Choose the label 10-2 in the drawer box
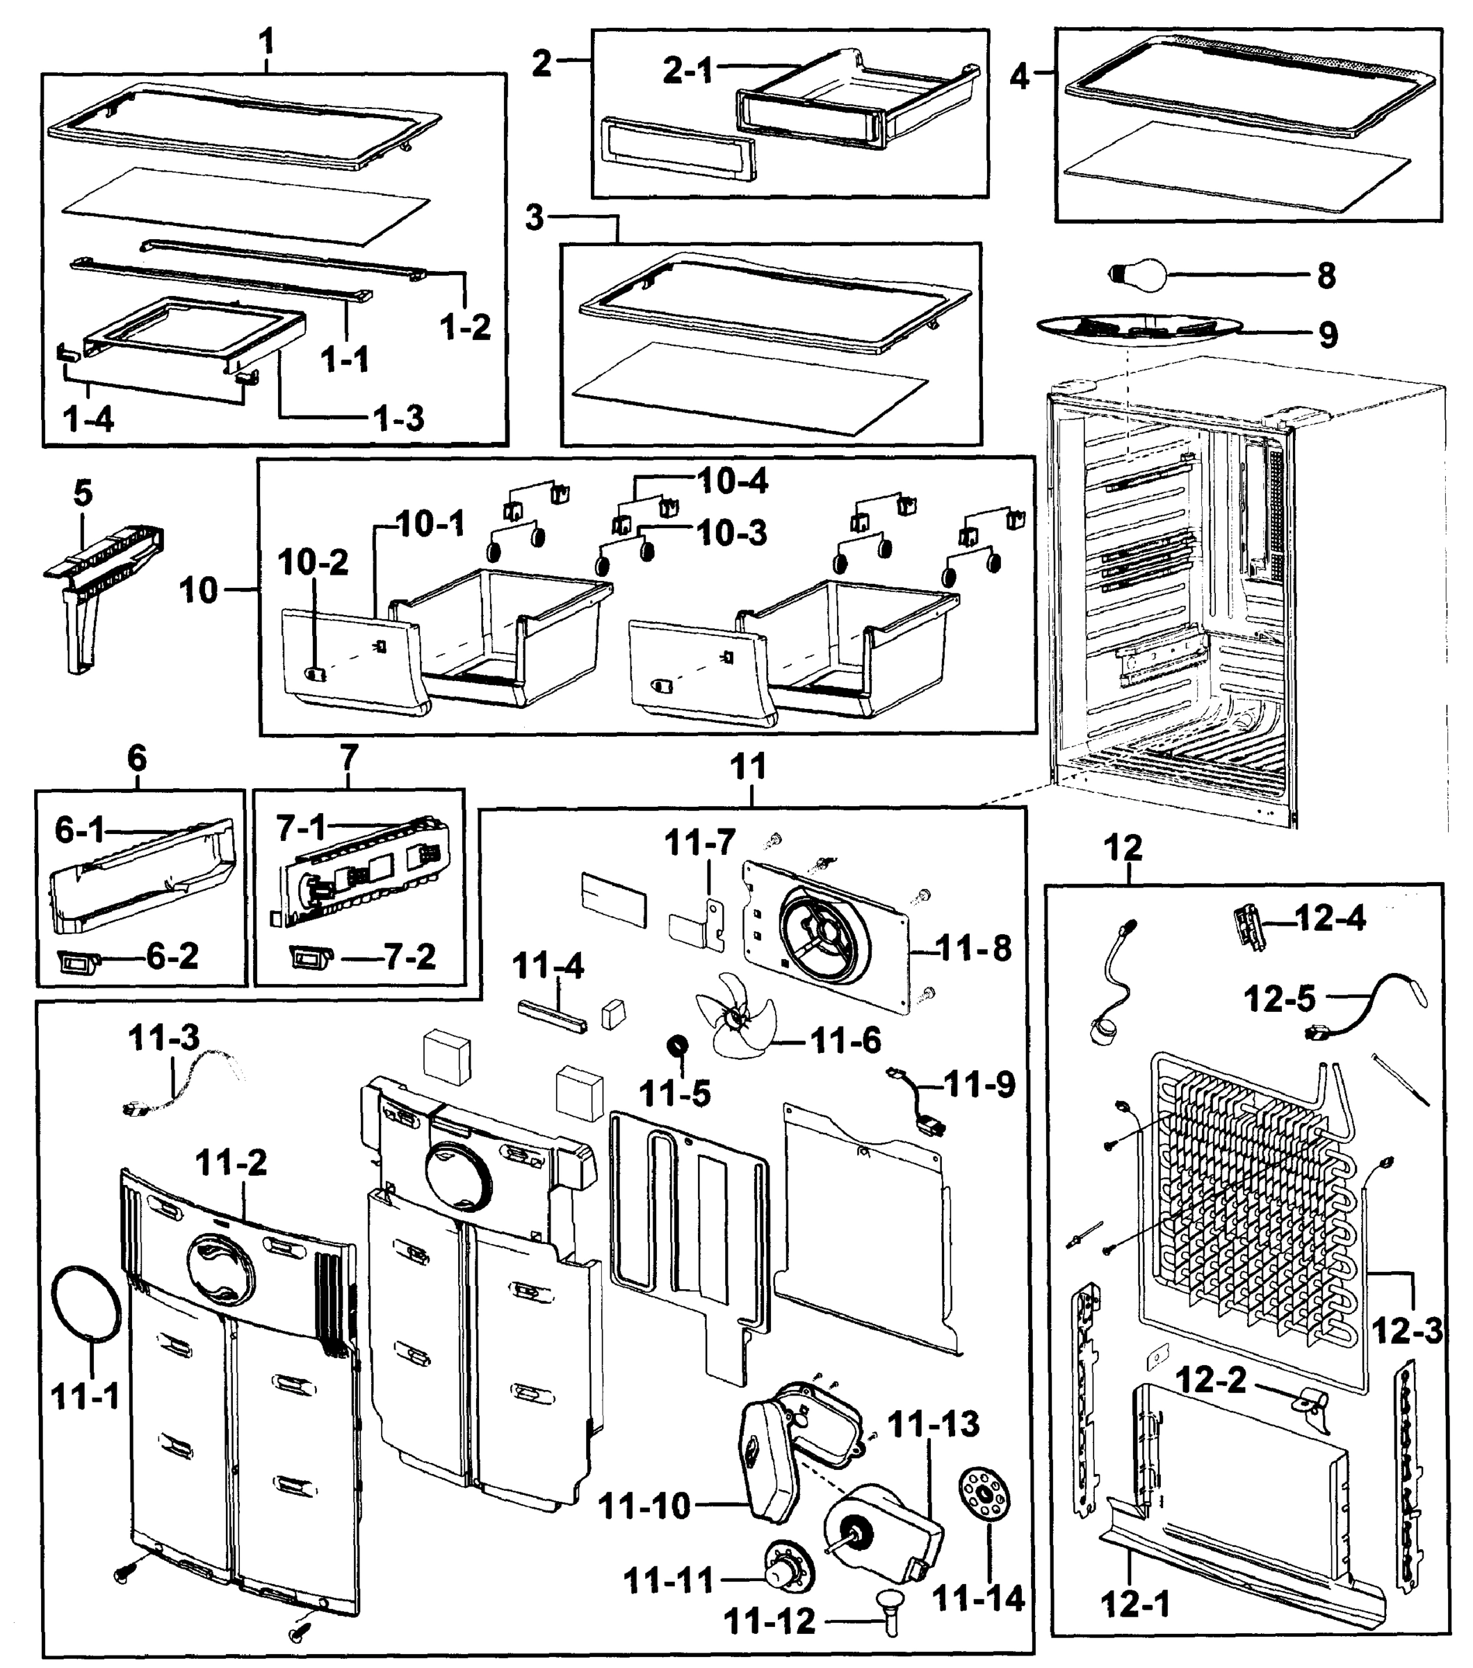coord(313,562)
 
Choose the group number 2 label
coord(542,64)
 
